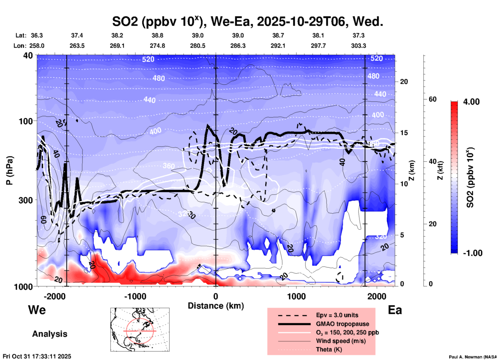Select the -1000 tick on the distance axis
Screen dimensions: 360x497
(135, 296)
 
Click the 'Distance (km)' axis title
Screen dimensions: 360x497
(216, 306)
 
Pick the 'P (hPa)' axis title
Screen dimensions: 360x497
(10, 170)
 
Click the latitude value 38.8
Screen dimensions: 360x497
(157, 35)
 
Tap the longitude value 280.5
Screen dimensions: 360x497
(198, 46)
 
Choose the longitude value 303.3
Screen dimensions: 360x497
(358, 46)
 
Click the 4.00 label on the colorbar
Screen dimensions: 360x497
(471, 102)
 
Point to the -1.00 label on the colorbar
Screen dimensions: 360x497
(472, 253)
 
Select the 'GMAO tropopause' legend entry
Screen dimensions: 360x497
(342, 324)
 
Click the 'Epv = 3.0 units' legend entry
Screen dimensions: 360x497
(337, 315)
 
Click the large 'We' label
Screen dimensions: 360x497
(37, 310)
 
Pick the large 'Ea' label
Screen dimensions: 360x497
(395, 310)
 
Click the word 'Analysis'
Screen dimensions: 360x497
(50, 334)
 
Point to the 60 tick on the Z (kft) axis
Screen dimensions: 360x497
(432, 99)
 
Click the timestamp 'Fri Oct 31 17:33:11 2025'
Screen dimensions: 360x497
(37, 356)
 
